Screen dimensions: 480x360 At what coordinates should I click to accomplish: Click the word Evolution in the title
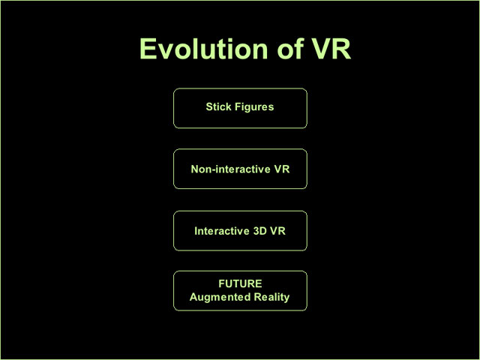pos(204,49)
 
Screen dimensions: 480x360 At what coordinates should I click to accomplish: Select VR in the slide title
pos(331,49)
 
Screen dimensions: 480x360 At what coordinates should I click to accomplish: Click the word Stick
pos(218,106)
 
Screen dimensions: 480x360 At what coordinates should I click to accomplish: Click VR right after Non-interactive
pos(282,169)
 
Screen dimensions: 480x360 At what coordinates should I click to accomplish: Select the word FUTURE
pos(240,283)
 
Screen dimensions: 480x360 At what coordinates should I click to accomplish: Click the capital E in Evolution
pos(148,49)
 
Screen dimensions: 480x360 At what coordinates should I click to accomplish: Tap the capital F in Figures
pos(238,106)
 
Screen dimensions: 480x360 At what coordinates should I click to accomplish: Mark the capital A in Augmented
pos(193,297)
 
